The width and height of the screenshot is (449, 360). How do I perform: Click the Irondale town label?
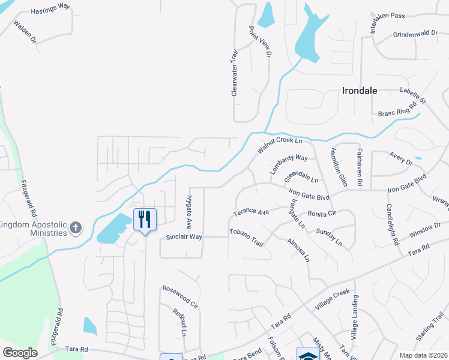359,91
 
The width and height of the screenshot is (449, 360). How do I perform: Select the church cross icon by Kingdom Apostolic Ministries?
75,227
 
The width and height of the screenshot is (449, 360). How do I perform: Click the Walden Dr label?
25,32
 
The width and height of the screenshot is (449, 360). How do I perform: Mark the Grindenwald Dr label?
415,34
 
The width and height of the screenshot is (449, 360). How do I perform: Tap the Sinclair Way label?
184,237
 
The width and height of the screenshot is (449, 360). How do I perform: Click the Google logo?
20,352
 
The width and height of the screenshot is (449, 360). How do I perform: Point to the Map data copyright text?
423,355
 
